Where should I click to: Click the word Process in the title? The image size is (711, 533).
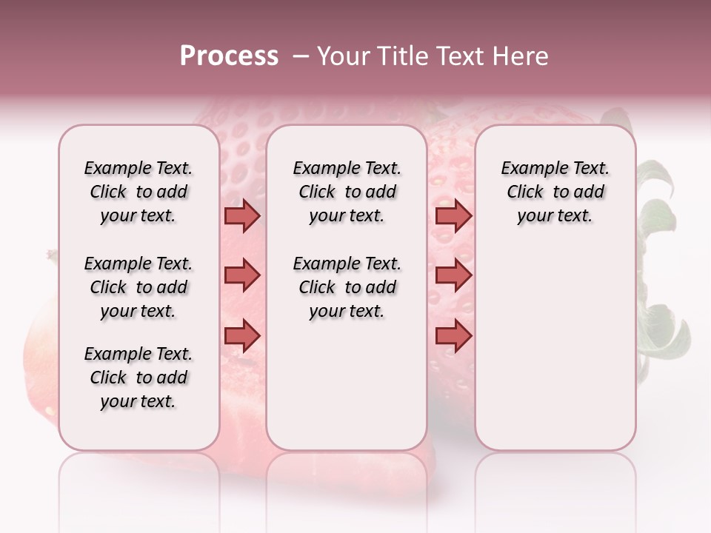coord(229,56)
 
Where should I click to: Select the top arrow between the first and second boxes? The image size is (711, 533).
coord(242,215)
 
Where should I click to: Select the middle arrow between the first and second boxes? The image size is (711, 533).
coord(242,275)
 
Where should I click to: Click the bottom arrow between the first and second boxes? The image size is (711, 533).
coord(242,335)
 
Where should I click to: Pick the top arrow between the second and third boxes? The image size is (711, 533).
coord(453,215)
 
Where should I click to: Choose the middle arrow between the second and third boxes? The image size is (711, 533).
coord(453,275)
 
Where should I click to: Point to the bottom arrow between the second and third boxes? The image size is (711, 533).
coord(453,335)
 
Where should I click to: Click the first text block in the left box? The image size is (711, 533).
coord(138,192)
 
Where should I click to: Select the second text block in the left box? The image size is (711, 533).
coord(138,287)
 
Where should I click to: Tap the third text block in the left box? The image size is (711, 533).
coord(138,378)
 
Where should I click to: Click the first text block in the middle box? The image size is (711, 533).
coord(347,192)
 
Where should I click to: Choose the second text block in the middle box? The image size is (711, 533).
coord(347,287)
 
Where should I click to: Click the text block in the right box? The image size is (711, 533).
coord(555,192)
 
